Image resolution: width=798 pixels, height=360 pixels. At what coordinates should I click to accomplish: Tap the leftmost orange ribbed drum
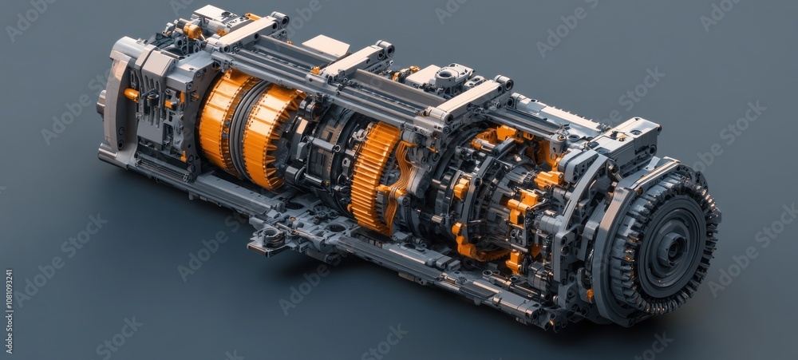pos(218,120)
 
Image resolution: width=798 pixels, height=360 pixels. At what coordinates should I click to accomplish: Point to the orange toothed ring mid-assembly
pos(371,176)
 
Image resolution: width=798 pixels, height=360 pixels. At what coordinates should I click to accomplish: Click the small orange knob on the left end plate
pos(131,95)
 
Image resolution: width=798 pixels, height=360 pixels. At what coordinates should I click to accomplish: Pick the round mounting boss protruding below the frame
pos(274,237)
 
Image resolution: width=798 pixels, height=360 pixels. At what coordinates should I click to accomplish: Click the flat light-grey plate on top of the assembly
pos(326,45)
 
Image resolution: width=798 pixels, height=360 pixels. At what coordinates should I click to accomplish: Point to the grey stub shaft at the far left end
pos(101,102)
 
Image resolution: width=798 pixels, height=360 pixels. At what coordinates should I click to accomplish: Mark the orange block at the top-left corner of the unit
pos(192,31)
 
